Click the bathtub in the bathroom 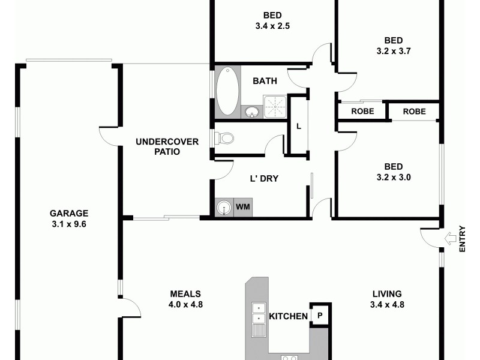tap(227, 91)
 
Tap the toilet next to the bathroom tap(225, 139)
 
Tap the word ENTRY tap(461, 239)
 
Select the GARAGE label tap(68, 213)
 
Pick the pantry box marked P tap(320, 315)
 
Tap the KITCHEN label tap(288, 316)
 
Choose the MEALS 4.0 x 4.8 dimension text tap(187, 304)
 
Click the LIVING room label tap(386, 293)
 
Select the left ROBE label tap(362, 111)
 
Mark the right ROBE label tap(414, 111)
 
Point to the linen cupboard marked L tap(298, 126)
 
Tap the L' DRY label tap(264, 178)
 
